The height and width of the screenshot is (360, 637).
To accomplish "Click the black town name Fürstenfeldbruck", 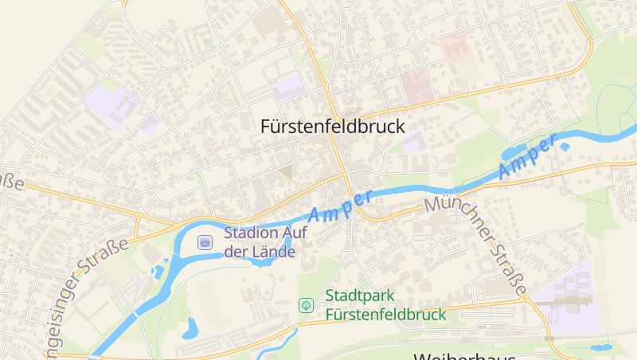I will coord(333,126).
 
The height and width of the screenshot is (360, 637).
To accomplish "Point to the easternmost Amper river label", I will coord(526,157).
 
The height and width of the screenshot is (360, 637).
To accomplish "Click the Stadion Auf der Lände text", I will coord(260,242).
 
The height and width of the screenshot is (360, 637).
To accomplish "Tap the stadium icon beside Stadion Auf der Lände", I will coord(205,241).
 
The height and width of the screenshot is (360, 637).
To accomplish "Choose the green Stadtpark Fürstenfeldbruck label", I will coord(385,305).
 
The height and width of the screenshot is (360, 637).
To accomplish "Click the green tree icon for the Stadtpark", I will coord(305,305).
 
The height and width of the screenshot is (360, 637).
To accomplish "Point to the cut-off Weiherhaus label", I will coord(465,355).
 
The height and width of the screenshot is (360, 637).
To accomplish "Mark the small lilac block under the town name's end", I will coord(412,143).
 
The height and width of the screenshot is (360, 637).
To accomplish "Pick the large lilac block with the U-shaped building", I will coord(108,105).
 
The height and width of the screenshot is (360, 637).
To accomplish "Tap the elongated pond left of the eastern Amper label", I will coord(514,151).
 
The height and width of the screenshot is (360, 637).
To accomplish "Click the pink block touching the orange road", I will coord(416,86).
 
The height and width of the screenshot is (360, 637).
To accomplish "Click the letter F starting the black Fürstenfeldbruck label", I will coord(267,126).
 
